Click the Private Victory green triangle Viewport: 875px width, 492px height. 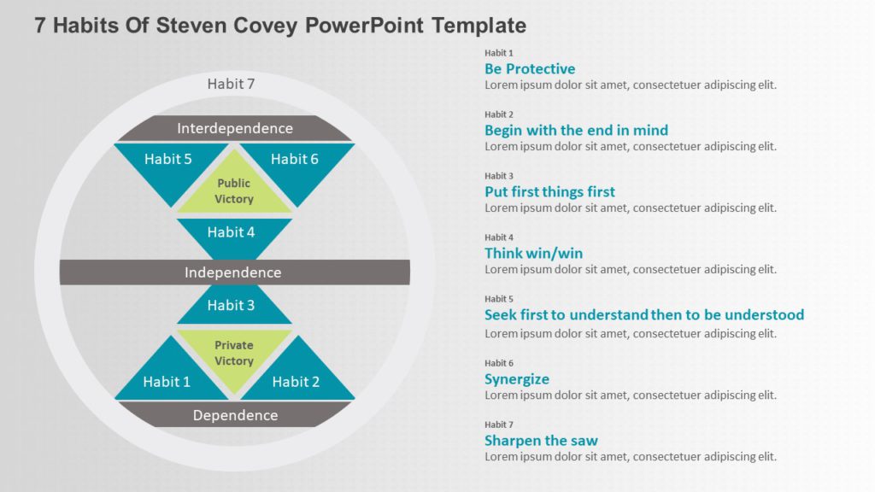click(x=234, y=351)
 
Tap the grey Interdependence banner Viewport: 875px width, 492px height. click(x=234, y=128)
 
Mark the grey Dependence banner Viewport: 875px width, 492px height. click(x=234, y=415)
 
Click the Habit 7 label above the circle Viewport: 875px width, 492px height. click(x=231, y=84)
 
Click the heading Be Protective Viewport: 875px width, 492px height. click(x=530, y=68)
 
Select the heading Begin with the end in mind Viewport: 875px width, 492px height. click(x=576, y=130)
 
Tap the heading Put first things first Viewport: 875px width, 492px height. click(x=549, y=191)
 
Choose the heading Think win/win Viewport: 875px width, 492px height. click(x=533, y=253)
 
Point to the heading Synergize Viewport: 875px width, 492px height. click(x=517, y=378)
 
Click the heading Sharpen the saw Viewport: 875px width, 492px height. click(x=541, y=441)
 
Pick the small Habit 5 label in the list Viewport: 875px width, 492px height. click(x=499, y=299)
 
